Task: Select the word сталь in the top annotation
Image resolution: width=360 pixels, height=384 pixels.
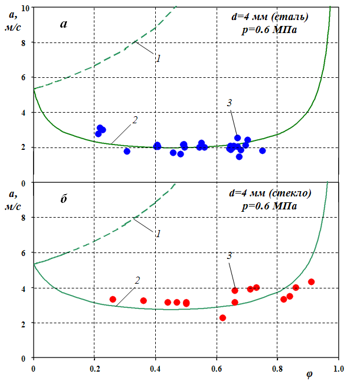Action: tap(294, 17)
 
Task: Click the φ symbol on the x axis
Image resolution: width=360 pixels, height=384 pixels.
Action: tap(310, 374)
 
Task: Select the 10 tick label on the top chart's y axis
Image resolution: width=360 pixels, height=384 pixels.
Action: tap(24, 8)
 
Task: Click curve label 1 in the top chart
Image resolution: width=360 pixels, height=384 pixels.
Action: tap(159, 58)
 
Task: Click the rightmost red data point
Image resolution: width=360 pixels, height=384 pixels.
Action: tap(311, 282)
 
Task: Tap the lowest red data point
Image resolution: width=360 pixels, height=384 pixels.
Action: tap(222, 318)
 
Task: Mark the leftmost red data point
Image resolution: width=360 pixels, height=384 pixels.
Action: tap(113, 300)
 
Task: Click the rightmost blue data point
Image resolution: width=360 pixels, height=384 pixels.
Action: tap(263, 151)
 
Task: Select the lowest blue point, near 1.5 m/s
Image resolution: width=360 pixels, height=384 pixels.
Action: tap(239, 157)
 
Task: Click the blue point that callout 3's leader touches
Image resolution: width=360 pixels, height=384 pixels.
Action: tap(237, 138)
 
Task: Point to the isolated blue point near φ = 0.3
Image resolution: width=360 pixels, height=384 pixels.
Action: tap(127, 152)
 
